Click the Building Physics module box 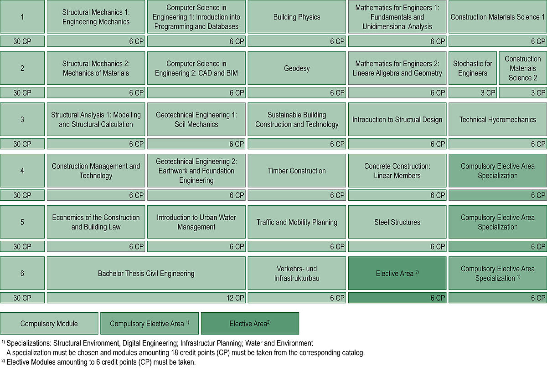297,17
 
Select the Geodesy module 297,68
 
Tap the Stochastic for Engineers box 473,68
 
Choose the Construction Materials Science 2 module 523,68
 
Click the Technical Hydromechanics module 497,120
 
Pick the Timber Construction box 297,171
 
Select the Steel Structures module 397,222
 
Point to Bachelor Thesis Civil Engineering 146,274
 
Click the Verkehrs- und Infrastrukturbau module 297,274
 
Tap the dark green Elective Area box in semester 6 397,274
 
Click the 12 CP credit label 235,298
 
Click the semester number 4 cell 22,171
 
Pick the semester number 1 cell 22,17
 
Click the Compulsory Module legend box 49,324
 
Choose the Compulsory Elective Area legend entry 150,324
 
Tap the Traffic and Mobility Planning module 297,222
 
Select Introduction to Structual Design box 397,120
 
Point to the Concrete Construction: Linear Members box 397,171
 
